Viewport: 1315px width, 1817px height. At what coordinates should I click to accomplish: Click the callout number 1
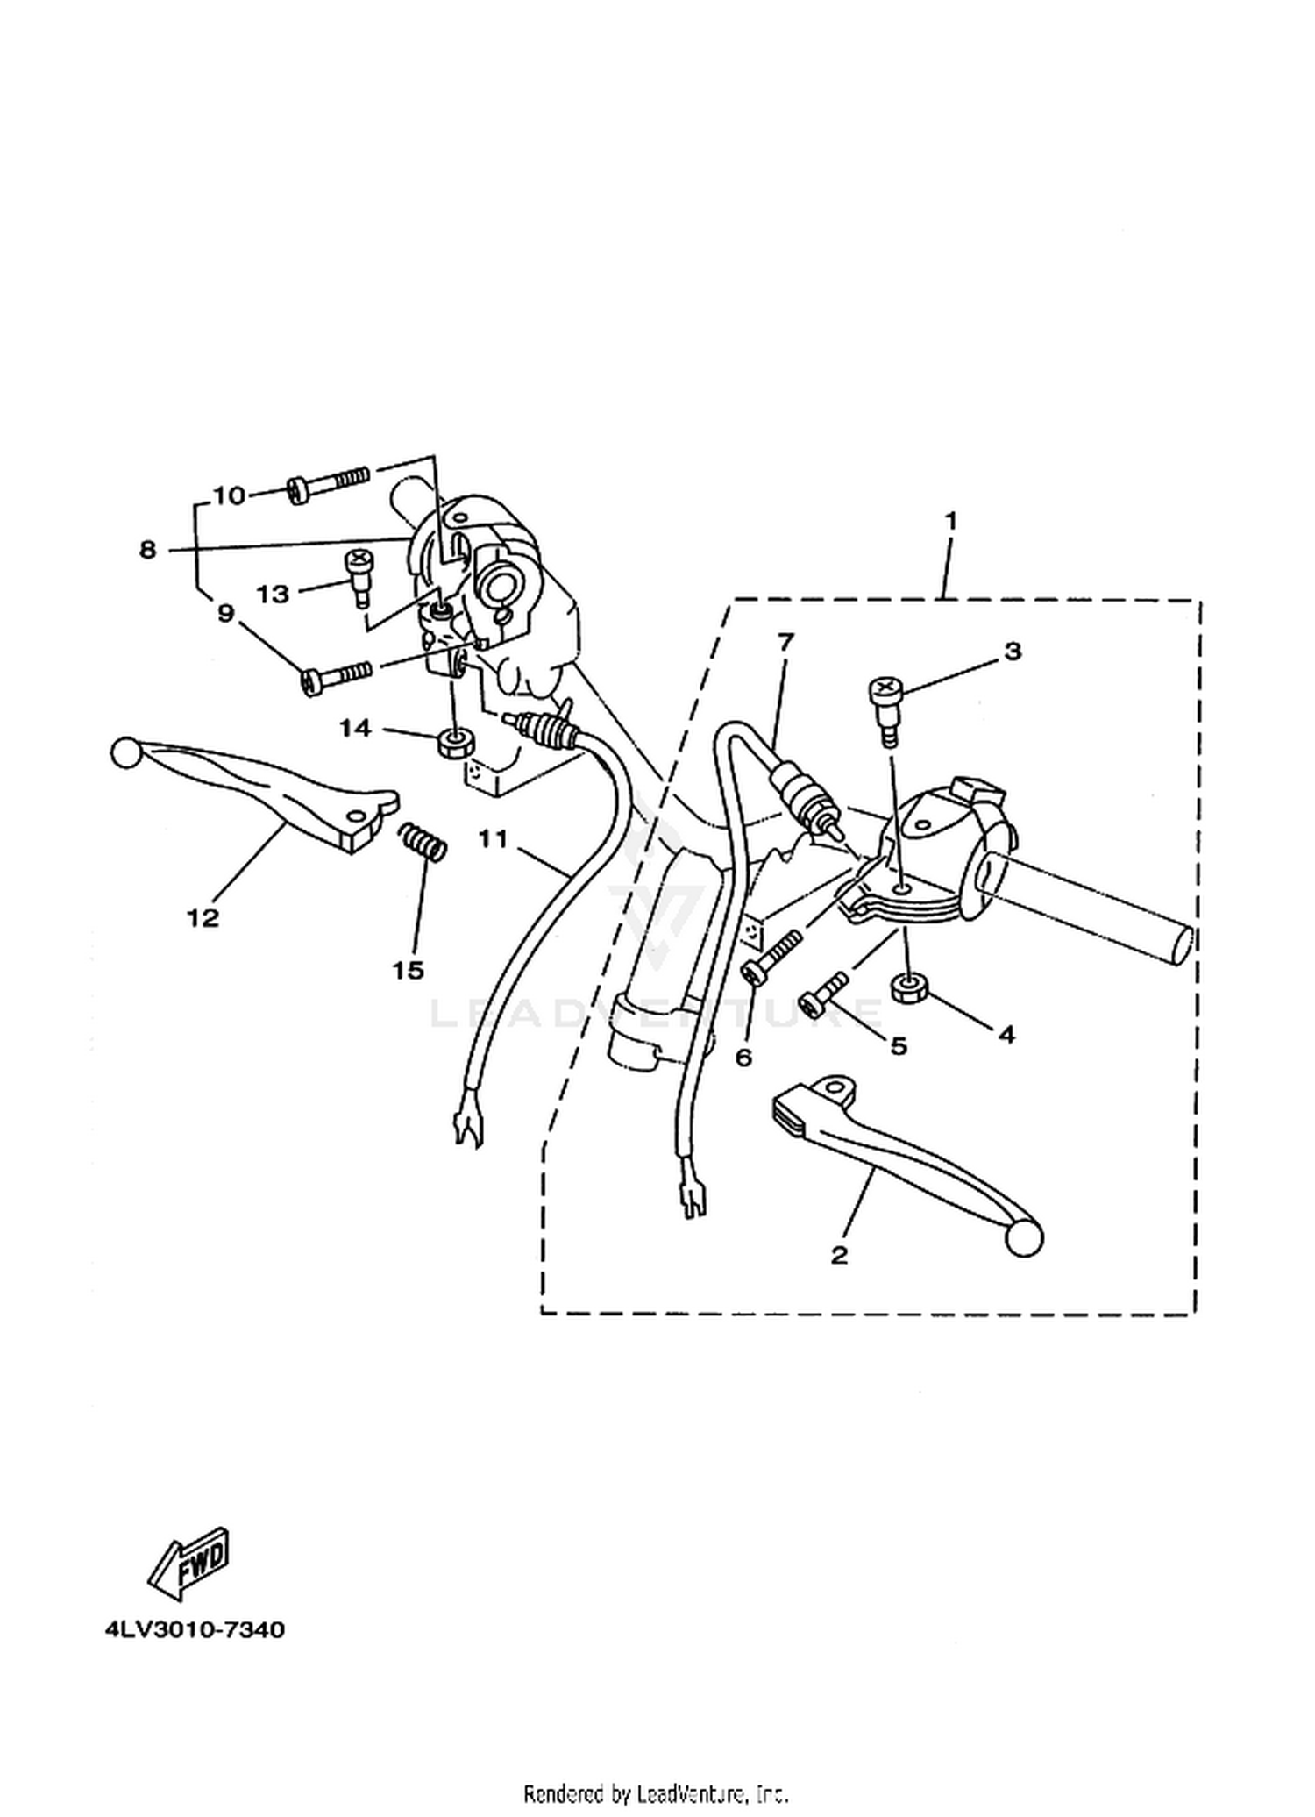coord(950,521)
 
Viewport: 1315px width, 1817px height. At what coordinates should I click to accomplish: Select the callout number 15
coord(409,970)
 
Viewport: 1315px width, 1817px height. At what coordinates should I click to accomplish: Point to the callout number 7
coord(785,642)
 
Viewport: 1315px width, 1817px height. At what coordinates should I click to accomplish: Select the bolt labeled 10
coord(329,482)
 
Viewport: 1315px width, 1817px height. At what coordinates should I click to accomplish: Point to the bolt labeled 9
coord(336,677)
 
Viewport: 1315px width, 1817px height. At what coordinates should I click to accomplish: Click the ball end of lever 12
coord(125,752)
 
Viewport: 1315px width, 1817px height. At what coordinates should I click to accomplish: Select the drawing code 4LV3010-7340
coord(194,1629)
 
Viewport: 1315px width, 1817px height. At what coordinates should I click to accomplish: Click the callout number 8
coord(147,550)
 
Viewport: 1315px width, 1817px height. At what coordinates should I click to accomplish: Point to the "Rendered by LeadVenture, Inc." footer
coord(657,1792)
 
